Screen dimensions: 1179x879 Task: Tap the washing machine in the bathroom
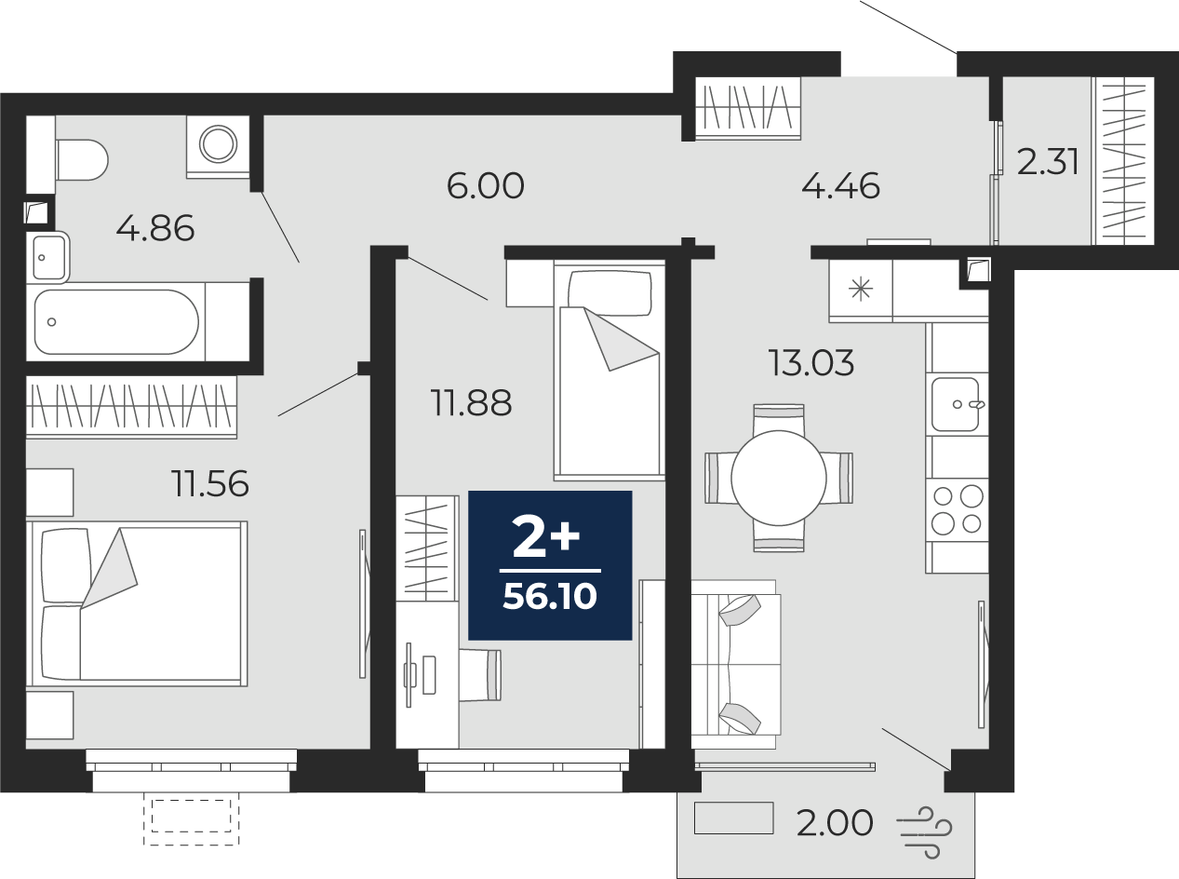pos(218,147)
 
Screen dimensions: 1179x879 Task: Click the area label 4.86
pos(155,229)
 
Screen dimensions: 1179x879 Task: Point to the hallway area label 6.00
pos(486,185)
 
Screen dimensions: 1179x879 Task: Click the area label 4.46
pos(840,185)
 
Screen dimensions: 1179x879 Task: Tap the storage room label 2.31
pos(1048,162)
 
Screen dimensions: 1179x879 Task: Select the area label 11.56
pos(210,483)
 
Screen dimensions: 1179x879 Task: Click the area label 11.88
pos(471,403)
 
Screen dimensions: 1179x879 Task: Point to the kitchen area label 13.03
pos(811,363)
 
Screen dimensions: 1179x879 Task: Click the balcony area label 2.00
pos(835,822)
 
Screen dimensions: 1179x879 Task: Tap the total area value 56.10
pos(550,597)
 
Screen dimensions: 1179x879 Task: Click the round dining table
pos(779,478)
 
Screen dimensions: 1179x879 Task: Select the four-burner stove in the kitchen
pos(957,509)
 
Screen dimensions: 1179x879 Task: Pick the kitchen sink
pos(956,404)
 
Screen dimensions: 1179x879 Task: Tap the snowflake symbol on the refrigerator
pos(861,290)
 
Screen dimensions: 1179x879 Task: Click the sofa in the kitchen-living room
pos(736,665)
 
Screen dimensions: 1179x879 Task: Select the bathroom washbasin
pos(48,258)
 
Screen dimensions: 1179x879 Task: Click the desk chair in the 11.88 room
pos(480,675)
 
